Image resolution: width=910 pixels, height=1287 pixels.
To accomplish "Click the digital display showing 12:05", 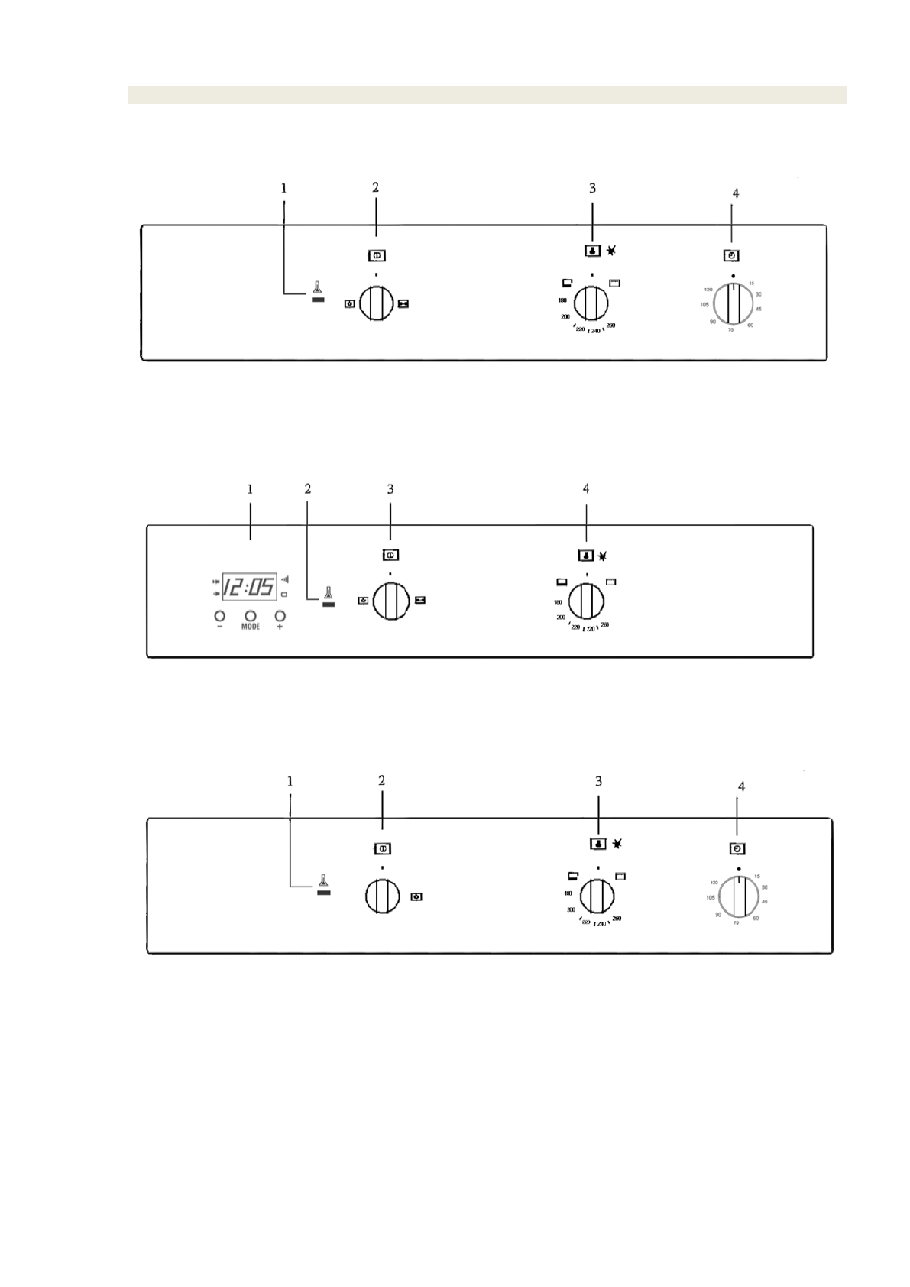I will tap(249, 587).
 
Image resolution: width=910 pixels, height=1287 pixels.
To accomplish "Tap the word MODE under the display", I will tap(251, 627).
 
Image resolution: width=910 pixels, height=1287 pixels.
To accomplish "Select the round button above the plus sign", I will tap(280, 615).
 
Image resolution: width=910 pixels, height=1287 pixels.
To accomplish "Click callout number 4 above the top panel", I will tap(735, 194).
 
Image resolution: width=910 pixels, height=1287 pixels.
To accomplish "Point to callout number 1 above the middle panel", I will tap(250, 489).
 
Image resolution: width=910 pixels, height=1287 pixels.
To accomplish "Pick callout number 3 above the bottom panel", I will tap(598, 781).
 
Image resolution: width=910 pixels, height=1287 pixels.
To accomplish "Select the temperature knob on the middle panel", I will tap(586, 601).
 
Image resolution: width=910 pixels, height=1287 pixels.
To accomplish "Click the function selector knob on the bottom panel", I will tap(382, 896).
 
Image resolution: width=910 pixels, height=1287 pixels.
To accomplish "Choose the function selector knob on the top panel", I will tap(376, 303).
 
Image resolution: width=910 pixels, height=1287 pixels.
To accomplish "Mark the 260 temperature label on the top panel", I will tap(610, 326).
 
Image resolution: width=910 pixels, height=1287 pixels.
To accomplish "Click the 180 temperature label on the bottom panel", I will tap(568, 893).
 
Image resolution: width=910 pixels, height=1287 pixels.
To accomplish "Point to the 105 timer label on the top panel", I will tap(704, 305).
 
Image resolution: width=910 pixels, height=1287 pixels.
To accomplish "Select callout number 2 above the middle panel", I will tap(307, 489).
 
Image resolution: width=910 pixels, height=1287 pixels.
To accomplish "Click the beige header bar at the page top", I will tap(487, 95).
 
